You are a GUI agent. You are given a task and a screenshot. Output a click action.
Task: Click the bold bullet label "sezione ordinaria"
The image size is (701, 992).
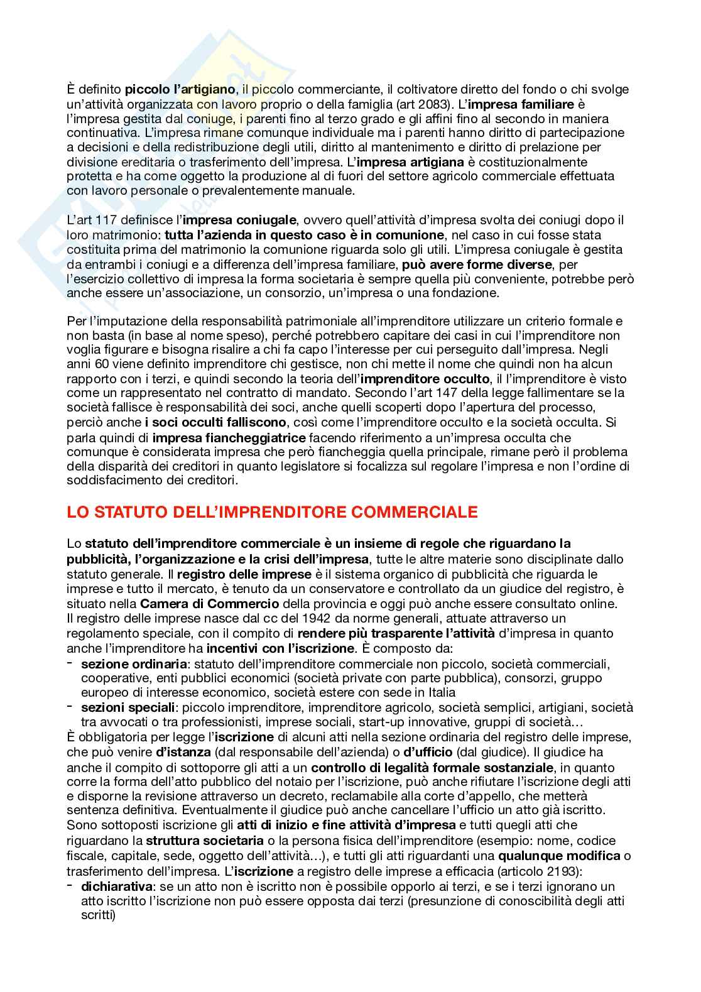point(134,663)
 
